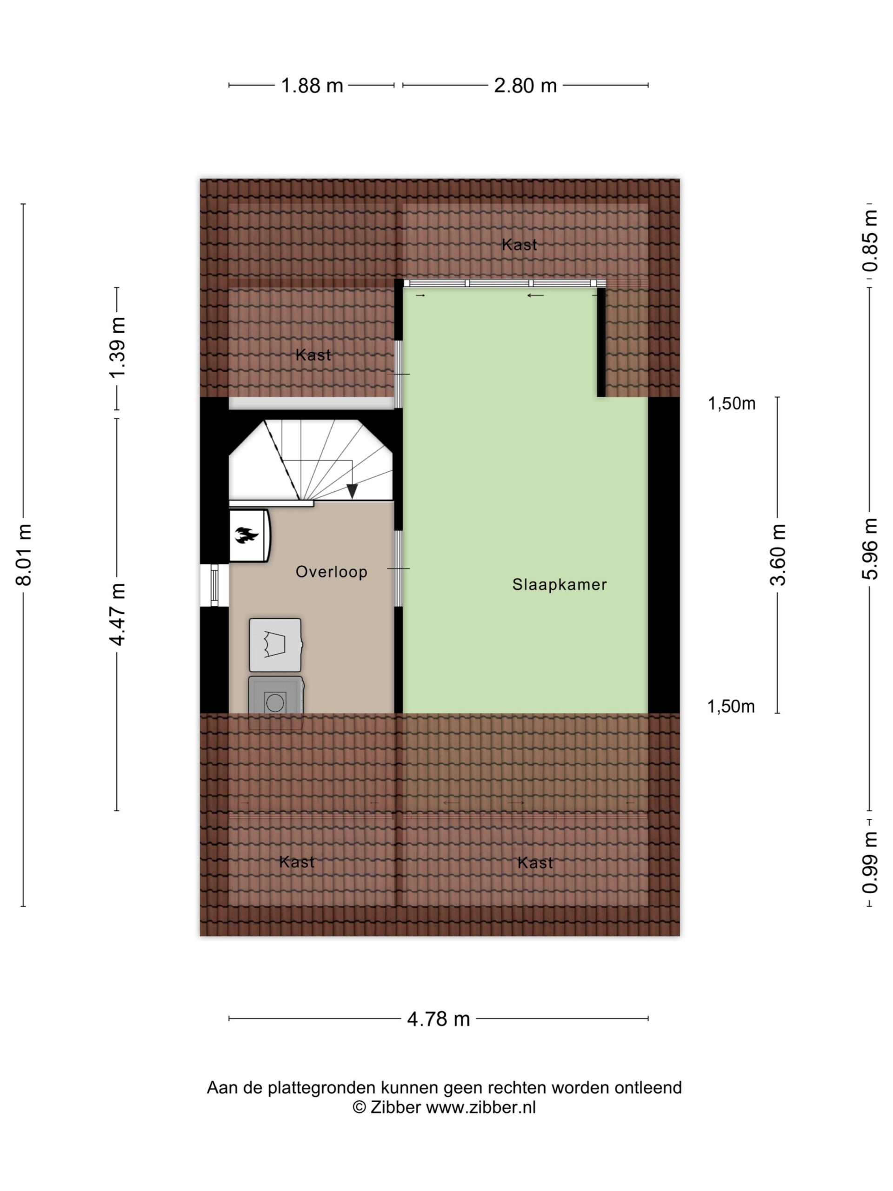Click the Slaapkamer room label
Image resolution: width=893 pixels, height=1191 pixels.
pos(559,584)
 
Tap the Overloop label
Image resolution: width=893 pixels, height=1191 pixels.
pos(332,571)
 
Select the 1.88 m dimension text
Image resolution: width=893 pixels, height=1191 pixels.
pos(312,86)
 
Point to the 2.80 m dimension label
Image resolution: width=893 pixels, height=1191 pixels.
pos(526,86)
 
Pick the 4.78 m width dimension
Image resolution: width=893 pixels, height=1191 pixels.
pos(439,1019)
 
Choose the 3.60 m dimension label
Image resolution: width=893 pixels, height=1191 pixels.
pos(778,555)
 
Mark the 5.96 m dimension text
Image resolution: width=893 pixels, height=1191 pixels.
pos(870,549)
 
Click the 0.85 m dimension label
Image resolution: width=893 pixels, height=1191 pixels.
pos(870,241)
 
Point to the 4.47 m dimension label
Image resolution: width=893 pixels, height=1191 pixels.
pos(117,614)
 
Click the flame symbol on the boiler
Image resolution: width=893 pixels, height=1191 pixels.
pos(247,535)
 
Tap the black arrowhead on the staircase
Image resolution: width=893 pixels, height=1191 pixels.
pos(352,491)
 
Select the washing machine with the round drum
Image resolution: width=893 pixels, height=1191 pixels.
pos(276,702)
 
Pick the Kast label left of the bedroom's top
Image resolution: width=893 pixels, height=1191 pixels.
pos(313,355)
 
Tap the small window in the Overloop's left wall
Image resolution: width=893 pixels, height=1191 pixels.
pos(215,585)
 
